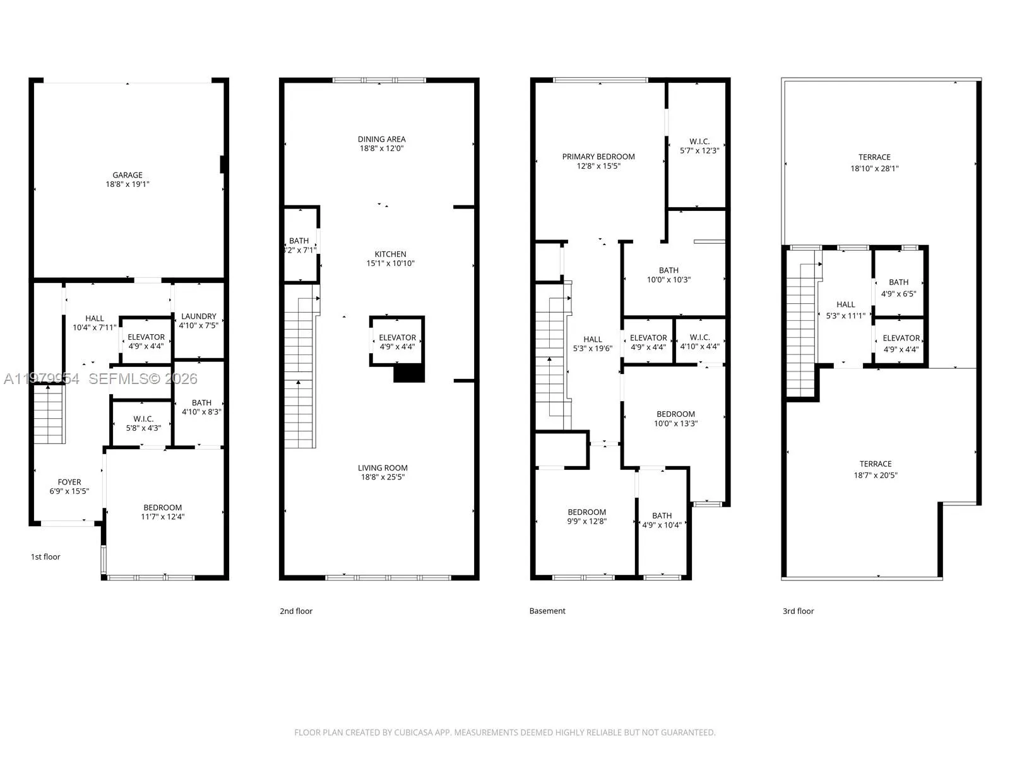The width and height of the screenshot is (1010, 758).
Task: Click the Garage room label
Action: click(128, 175)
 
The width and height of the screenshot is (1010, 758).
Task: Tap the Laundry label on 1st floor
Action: click(198, 316)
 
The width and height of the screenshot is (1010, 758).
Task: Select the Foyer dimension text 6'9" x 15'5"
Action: click(69, 491)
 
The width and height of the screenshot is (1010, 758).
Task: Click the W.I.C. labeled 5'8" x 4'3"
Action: click(143, 419)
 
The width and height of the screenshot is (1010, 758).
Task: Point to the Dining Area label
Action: click(381, 139)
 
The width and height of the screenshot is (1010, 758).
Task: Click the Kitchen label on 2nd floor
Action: click(390, 254)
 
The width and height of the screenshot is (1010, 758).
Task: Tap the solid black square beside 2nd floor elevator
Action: click(409, 373)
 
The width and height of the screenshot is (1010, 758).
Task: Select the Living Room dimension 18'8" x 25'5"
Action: click(383, 477)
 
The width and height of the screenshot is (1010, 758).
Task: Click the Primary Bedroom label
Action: click(598, 157)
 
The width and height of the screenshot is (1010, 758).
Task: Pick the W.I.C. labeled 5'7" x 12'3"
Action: click(699, 141)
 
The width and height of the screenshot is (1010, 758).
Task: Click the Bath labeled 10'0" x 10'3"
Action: click(668, 270)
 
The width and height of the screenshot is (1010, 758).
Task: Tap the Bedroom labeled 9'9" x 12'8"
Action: click(586, 512)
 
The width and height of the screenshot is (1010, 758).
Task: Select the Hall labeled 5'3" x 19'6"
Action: click(593, 339)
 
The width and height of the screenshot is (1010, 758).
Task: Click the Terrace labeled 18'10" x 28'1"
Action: click(874, 157)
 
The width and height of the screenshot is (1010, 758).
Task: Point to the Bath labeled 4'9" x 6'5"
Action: click(898, 282)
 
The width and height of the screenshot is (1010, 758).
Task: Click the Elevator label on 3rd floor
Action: click(901, 338)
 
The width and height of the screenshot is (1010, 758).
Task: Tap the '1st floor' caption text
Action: click(45, 556)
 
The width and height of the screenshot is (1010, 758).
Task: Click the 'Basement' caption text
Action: click(547, 611)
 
